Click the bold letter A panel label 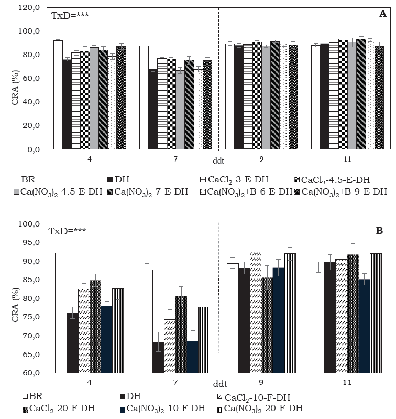[x=382, y=14]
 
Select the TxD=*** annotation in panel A [x=70, y=15]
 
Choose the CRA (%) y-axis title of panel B [x=15, y=298]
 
